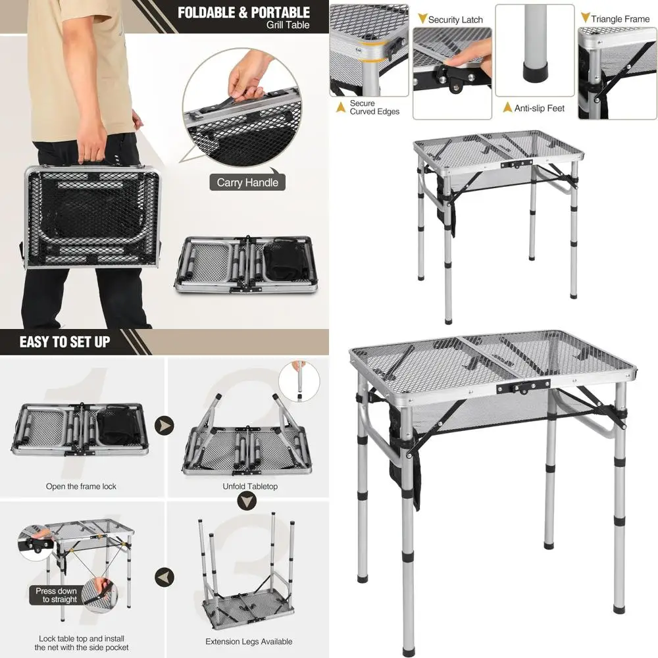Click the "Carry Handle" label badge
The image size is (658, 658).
(247, 182)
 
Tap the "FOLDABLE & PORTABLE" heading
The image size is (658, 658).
(244, 13)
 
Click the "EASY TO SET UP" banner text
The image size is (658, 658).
(64, 342)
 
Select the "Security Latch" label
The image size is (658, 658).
(455, 20)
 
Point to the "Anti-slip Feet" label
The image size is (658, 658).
(540, 109)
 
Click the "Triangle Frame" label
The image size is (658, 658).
(620, 19)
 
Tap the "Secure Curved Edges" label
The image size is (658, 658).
(374, 107)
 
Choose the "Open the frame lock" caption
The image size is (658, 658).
(81, 486)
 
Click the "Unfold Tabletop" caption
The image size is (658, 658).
(250, 486)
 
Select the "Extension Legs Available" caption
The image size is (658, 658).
(249, 642)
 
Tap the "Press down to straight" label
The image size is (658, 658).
(56, 595)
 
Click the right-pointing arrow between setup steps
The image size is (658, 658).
(164, 426)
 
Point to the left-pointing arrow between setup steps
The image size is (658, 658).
(164, 578)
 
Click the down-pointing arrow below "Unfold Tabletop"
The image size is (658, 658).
(247, 501)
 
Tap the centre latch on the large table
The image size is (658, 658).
(523, 387)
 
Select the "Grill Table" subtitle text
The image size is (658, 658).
(288, 25)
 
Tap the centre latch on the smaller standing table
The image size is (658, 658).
(516, 164)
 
